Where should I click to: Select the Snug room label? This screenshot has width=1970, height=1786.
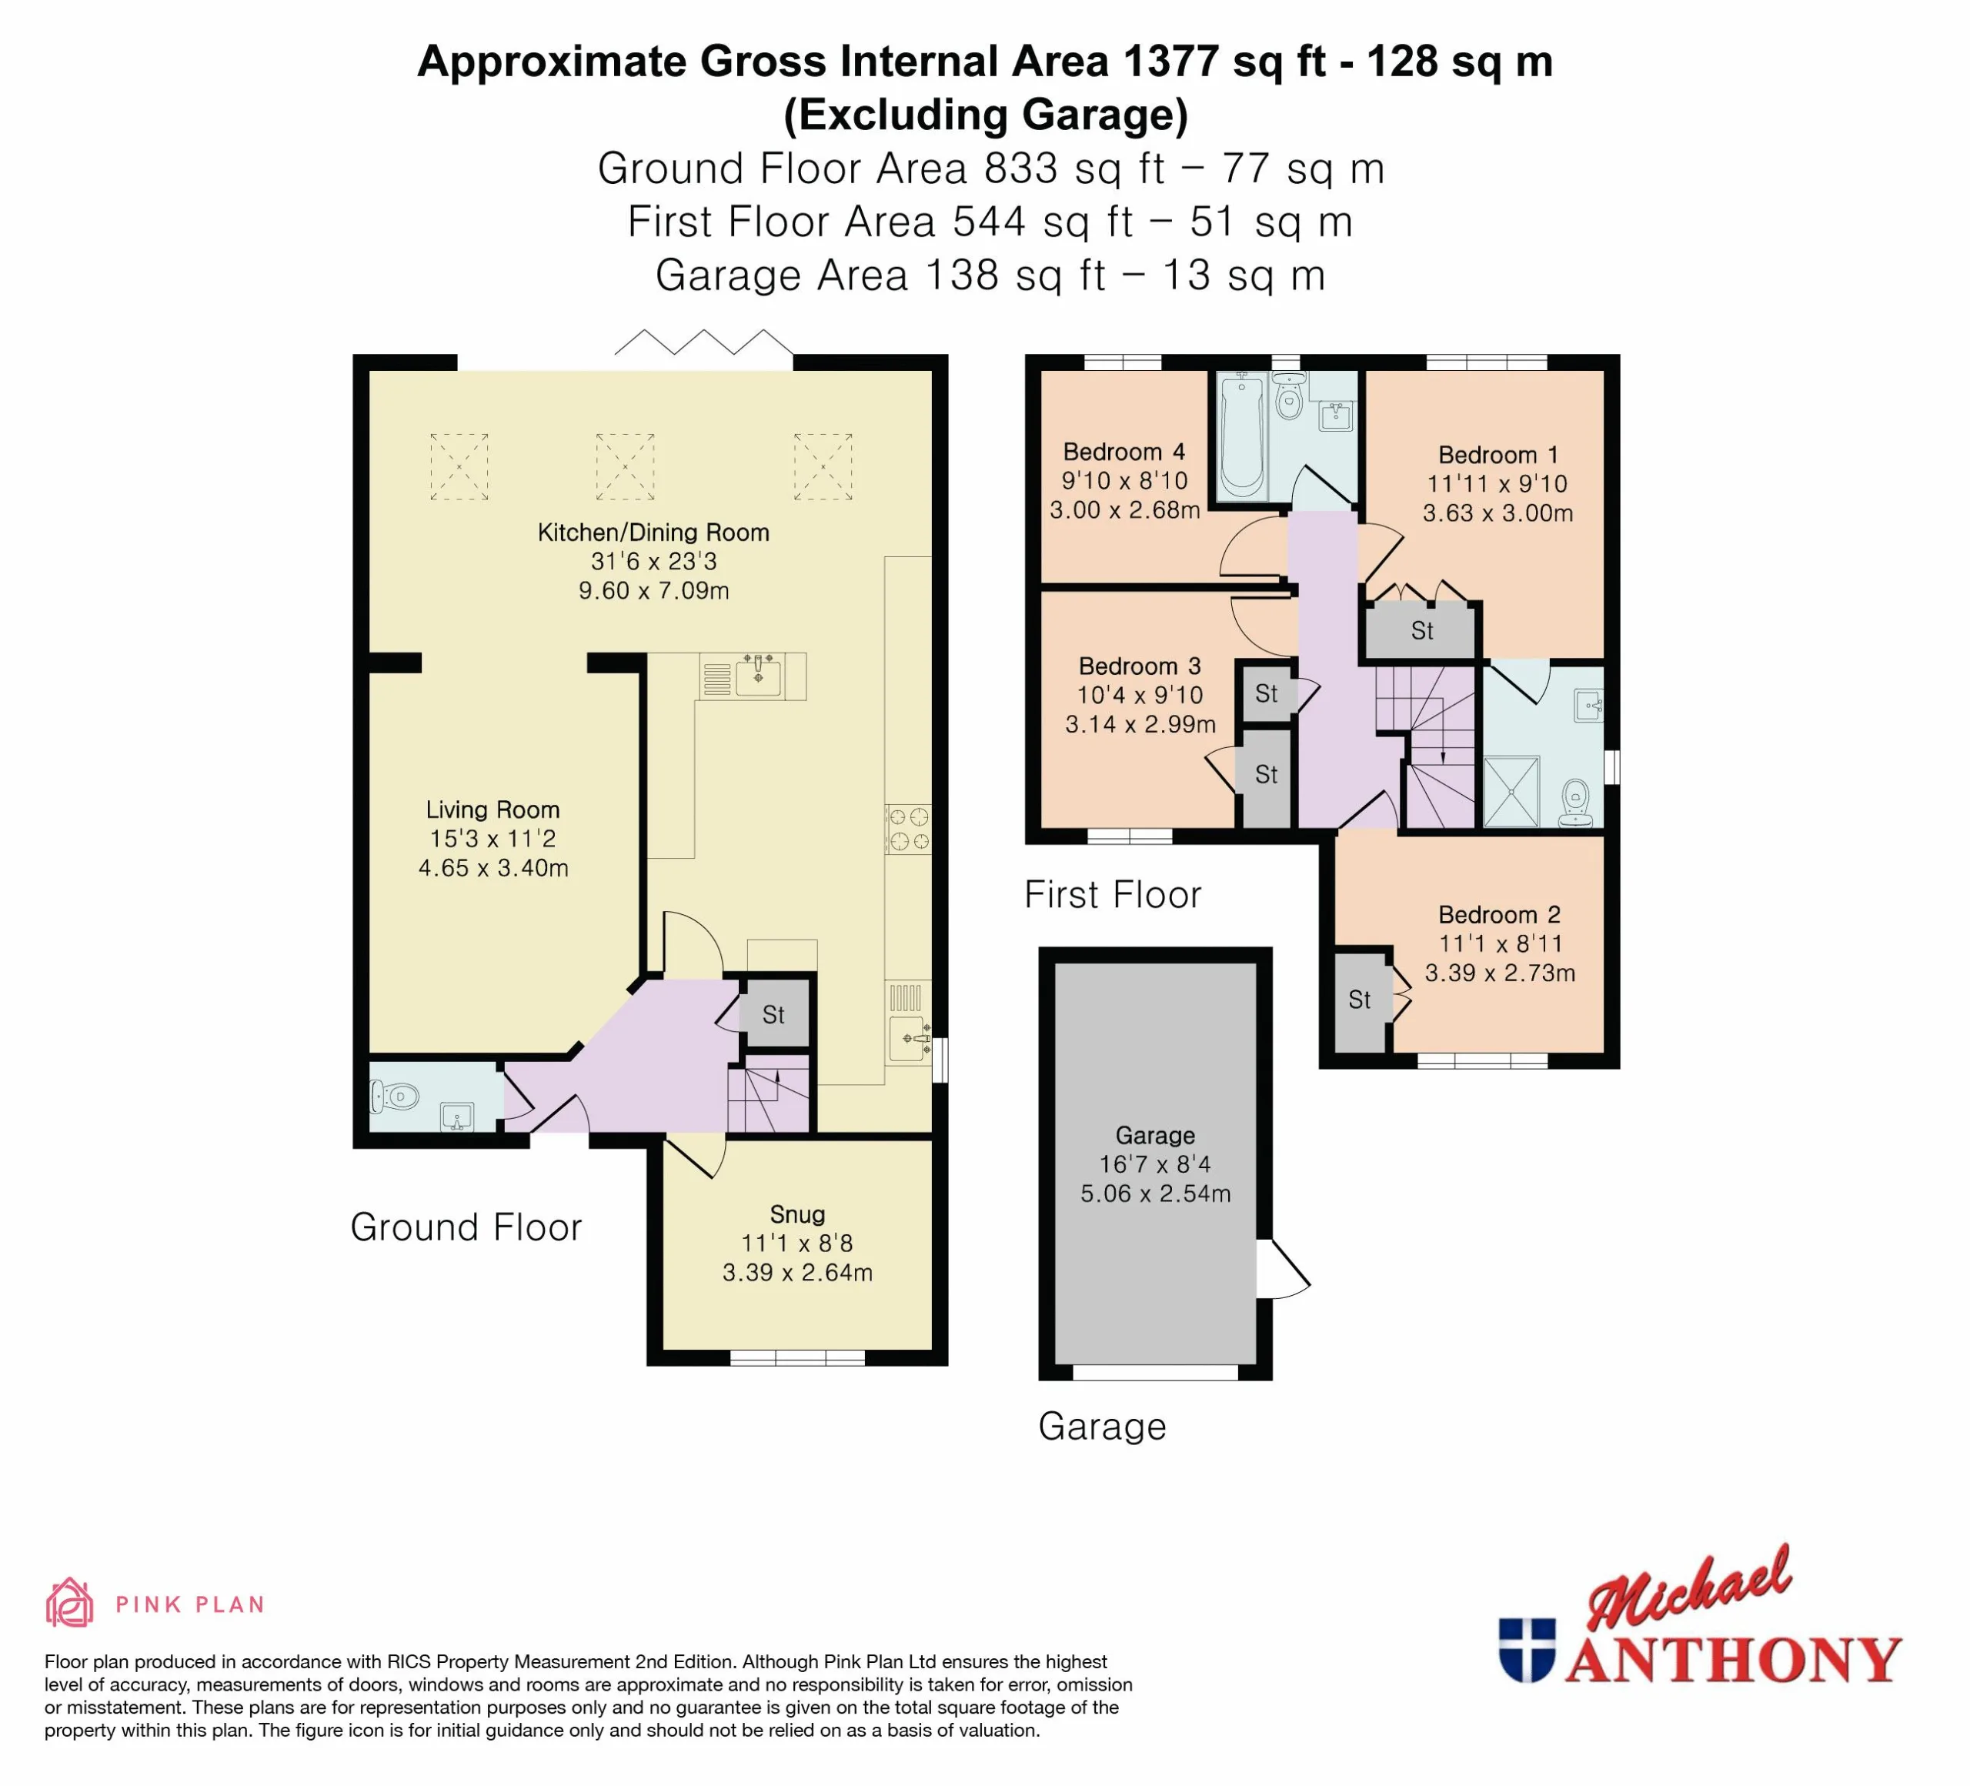[797, 1214]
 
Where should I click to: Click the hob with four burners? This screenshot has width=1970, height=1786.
[908, 829]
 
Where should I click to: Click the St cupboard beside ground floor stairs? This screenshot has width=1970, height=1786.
[774, 1014]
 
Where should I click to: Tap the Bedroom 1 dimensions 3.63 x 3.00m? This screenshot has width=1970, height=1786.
[1497, 513]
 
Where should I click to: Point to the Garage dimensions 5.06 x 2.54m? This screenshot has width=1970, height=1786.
[1155, 1193]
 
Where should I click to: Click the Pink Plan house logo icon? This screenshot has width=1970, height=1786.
[69, 1604]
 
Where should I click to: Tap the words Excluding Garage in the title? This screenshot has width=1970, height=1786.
[986, 115]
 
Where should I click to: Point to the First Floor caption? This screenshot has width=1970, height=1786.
[1112, 895]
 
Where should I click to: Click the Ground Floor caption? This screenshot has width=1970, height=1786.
[466, 1227]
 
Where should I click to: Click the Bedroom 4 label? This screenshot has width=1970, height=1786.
[1124, 452]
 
